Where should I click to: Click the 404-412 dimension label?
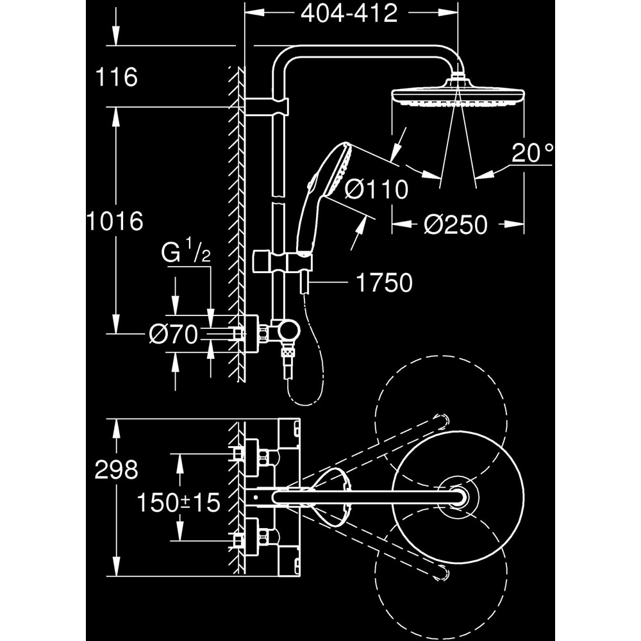click(349, 14)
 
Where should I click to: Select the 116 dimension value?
click(116, 78)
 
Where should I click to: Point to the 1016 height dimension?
click(116, 222)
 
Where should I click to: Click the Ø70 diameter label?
click(174, 335)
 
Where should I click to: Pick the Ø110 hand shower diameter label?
click(376, 190)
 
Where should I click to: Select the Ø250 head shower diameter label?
click(456, 224)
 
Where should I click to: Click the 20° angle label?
click(532, 153)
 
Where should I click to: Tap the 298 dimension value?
click(116, 470)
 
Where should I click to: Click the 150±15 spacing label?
click(178, 503)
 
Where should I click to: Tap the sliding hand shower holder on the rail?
click(282, 262)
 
